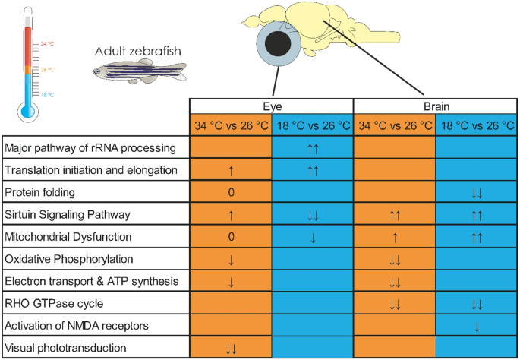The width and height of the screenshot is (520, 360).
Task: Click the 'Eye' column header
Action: tap(271, 108)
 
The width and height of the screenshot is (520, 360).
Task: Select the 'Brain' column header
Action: tap(435, 108)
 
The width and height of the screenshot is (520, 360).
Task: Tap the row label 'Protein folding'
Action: tap(45, 192)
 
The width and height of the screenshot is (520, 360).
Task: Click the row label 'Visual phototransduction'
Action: tap(66, 349)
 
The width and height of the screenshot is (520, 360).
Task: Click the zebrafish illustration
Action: tap(138, 73)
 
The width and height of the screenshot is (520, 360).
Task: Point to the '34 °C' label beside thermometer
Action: tap(48, 44)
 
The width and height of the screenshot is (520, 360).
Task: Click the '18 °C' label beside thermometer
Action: tap(48, 95)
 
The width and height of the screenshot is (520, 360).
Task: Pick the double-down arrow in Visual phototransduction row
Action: tap(231, 349)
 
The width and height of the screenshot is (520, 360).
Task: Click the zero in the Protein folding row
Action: tap(231, 192)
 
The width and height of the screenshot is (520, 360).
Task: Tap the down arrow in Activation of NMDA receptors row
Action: tap(476, 326)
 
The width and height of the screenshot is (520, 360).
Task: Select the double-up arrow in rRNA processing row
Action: tap(313, 147)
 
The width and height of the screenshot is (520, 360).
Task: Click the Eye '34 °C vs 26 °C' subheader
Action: tap(231, 125)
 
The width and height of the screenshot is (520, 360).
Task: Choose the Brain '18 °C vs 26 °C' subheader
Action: tap(476, 125)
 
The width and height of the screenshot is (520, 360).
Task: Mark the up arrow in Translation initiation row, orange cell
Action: tap(231, 170)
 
